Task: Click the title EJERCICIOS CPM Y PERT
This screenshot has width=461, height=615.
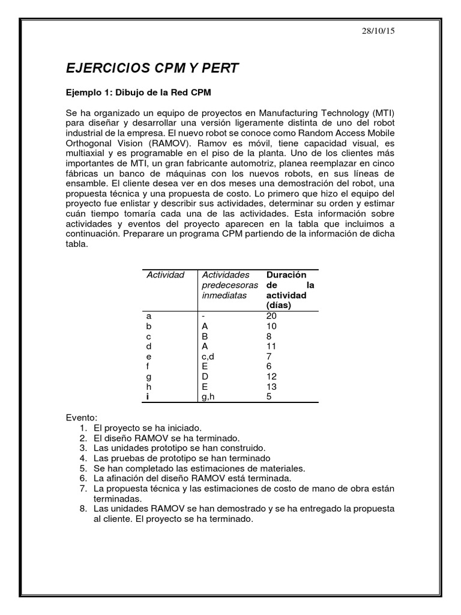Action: pyautogui.click(x=152, y=68)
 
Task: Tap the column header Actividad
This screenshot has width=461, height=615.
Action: pyautogui.click(x=165, y=275)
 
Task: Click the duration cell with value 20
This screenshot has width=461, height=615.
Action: pyautogui.click(x=271, y=316)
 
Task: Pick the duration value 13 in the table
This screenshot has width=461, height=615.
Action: pyautogui.click(x=271, y=387)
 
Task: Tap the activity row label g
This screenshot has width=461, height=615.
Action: pyautogui.click(x=149, y=377)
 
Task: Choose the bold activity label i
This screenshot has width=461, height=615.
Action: pyautogui.click(x=148, y=396)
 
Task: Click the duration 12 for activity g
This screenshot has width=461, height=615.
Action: pyautogui.click(x=271, y=377)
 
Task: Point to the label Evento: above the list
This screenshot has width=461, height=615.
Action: pyautogui.click(x=81, y=417)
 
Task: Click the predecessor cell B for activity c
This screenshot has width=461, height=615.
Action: pyautogui.click(x=205, y=336)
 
